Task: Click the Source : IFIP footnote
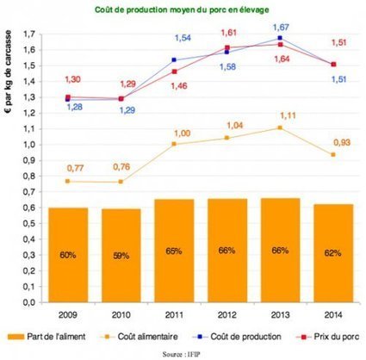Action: tap(183, 352)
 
